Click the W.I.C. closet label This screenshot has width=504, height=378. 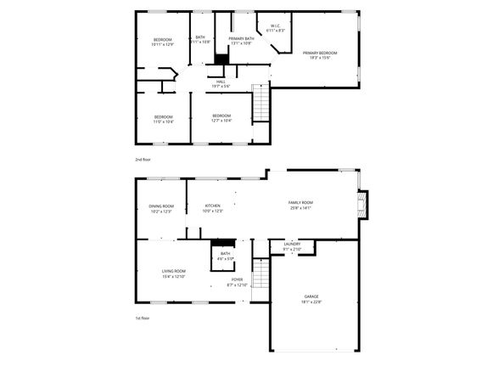[x=277, y=25]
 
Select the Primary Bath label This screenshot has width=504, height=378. [x=241, y=38]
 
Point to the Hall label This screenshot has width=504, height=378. [x=220, y=81]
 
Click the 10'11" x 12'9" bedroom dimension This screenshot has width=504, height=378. [x=163, y=44]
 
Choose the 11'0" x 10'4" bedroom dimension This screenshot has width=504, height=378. [x=163, y=121]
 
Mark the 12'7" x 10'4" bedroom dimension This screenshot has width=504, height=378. [x=221, y=121]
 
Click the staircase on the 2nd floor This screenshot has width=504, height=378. [x=261, y=105]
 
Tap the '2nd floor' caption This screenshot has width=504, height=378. [x=142, y=159]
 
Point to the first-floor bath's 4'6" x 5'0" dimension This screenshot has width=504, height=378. [x=225, y=258]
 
